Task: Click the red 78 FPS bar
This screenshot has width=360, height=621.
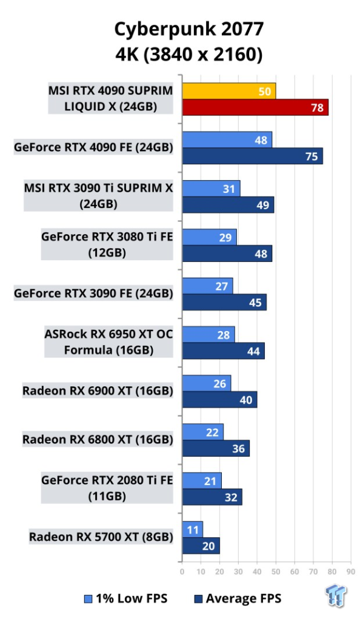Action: coord(255,107)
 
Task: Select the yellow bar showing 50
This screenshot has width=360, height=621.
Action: coord(229,91)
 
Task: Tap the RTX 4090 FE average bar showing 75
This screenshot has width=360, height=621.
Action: coord(252,156)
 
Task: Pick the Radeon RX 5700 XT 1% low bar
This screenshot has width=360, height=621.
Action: coord(193,529)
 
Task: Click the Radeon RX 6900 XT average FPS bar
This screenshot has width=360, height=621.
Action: coord(219,400)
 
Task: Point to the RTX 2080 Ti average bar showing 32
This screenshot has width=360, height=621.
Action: coord(212,497)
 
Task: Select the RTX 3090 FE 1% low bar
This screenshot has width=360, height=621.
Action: coord(207,286)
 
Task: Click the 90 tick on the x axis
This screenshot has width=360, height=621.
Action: coord(350,571)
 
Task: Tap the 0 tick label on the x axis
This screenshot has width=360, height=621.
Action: coord(182,571)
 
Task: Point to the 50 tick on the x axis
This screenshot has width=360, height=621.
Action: coord(276,571)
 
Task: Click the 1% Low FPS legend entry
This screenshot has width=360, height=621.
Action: coord(126,599)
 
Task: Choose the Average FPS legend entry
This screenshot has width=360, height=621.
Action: coord(238,599)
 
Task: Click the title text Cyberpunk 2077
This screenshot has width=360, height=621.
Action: coord(189,30)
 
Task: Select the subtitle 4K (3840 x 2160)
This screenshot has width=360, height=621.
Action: coord(189,54)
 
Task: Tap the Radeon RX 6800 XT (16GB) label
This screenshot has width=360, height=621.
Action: coord(98,440)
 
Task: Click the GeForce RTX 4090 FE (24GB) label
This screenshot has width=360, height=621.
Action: coord(93,147)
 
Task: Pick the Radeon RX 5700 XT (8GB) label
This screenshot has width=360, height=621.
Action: coord(101,537)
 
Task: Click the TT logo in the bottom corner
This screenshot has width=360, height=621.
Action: coord(336,596)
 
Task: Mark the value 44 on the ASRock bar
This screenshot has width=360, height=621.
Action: coord(253,351)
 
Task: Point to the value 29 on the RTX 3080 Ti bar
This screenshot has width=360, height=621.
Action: coord(225,238)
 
